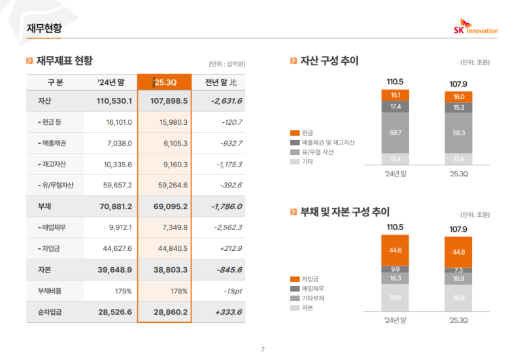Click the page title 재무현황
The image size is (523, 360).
(x=45, y=27)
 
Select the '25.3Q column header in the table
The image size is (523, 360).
(x=163, y=82)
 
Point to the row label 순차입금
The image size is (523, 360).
(x=49, y=312)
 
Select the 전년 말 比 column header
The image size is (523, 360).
(x=220, y=82)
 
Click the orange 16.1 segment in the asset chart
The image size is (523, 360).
(x=396, y=95)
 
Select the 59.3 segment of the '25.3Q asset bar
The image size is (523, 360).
(x=458, y=133)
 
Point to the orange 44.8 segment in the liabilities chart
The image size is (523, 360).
(x=458, y=252)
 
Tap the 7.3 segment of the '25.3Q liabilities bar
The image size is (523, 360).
(x=458, y=270)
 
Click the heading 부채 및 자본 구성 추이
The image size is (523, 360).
(x=345, y=212)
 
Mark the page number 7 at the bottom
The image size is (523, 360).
(x=262, y=350)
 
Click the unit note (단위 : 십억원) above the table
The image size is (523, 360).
(x=227, y=63)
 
